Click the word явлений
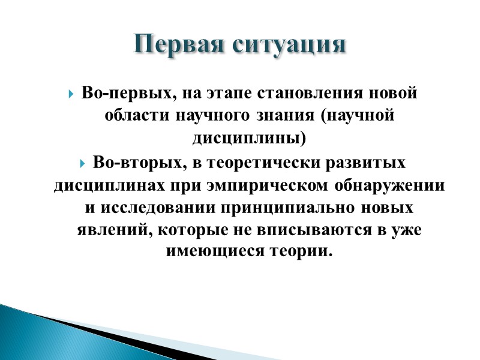tap(109, 229)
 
